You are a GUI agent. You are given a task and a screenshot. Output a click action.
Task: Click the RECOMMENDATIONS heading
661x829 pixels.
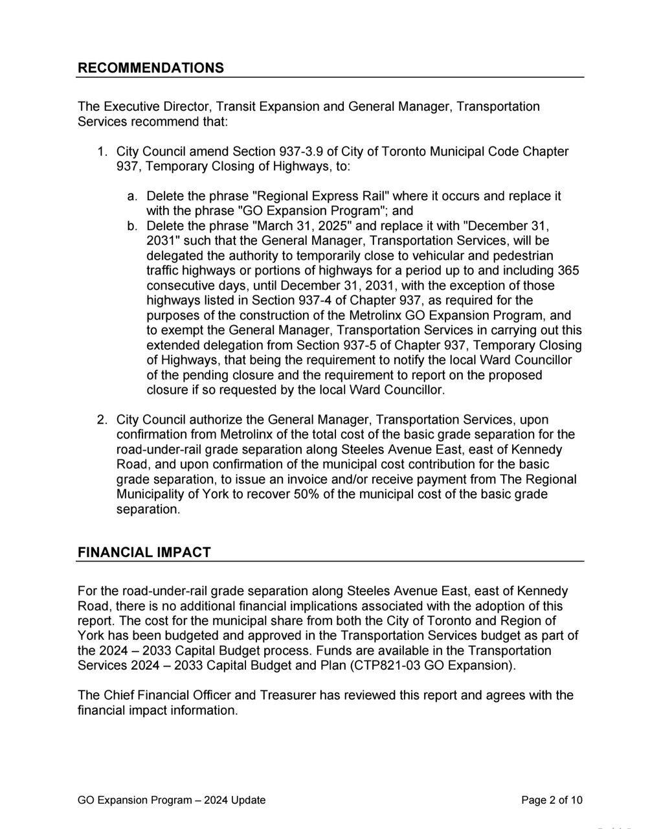[151, 68]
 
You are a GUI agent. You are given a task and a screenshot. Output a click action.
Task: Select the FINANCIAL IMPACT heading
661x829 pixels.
[144, 552]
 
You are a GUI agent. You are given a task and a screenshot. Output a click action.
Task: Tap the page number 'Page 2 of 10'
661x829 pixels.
[552, 800]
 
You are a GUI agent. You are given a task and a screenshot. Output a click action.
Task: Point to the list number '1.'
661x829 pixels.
[102, 152]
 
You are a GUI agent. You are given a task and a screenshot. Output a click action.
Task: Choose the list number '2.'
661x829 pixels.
[102, 420]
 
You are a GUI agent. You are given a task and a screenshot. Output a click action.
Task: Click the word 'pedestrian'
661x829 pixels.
[524, 256]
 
